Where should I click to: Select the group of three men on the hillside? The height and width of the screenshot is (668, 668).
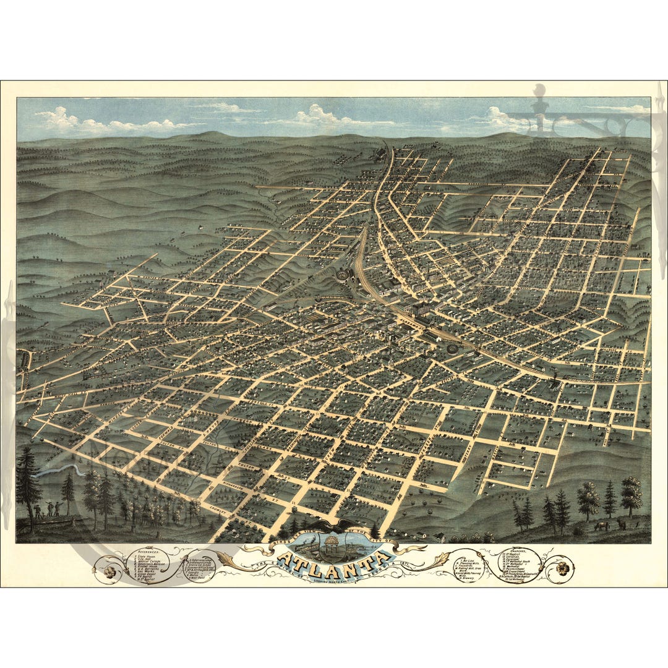pyautogui.click(x=48, y=508)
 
